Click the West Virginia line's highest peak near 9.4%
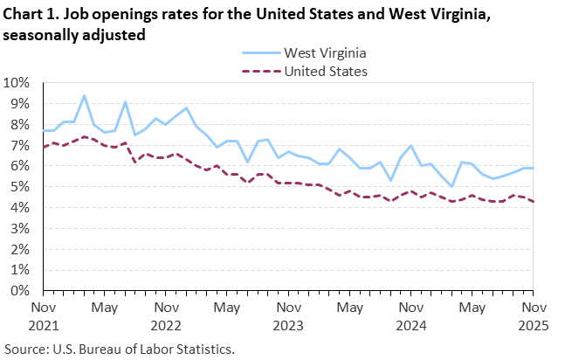tap(84, 96)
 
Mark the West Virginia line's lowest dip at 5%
tap(451, 187)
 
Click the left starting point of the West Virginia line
tap(43, 131)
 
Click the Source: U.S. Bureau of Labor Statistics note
tap(120, 349)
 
